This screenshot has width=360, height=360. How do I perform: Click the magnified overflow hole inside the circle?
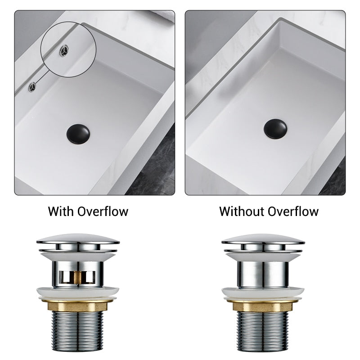coord(65,50)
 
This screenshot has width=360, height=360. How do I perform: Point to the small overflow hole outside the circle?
coord(32,86)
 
